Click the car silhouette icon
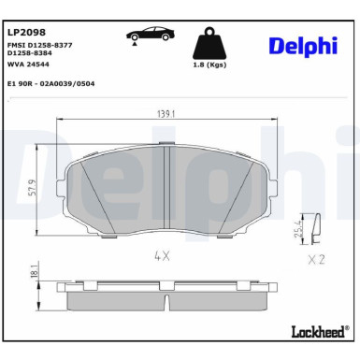(152, 34)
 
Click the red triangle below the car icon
(137, 42)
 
